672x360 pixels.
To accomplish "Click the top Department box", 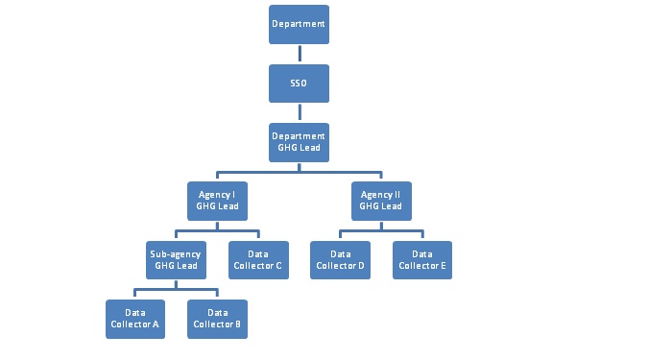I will pos(299,24).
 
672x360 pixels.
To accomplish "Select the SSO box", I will pos(299,84).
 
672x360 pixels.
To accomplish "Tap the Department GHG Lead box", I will pos(299,142).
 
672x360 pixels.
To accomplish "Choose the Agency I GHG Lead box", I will pos(217,201).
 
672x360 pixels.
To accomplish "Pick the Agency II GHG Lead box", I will pos(380,201).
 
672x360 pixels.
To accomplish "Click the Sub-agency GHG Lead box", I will pos(176,259).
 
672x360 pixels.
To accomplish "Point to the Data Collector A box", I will pos(135,319).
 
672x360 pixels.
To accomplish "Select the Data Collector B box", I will pos(217,319).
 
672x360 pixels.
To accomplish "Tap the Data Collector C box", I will pos(257,259).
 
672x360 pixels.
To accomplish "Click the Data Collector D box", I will pos(340,259).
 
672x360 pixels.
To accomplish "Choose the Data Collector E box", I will pos(421,259).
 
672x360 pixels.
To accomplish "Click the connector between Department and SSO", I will pos(299,54).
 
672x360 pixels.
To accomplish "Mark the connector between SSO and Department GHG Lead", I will pos(299,112).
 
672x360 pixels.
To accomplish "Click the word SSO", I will pos(299,84).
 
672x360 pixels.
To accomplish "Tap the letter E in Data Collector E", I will pos(444,266).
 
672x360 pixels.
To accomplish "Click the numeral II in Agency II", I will pos(395,194).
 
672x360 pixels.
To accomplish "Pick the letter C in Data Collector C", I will pos(277,266).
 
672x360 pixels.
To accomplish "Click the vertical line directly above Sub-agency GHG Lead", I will pos(176,235).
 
